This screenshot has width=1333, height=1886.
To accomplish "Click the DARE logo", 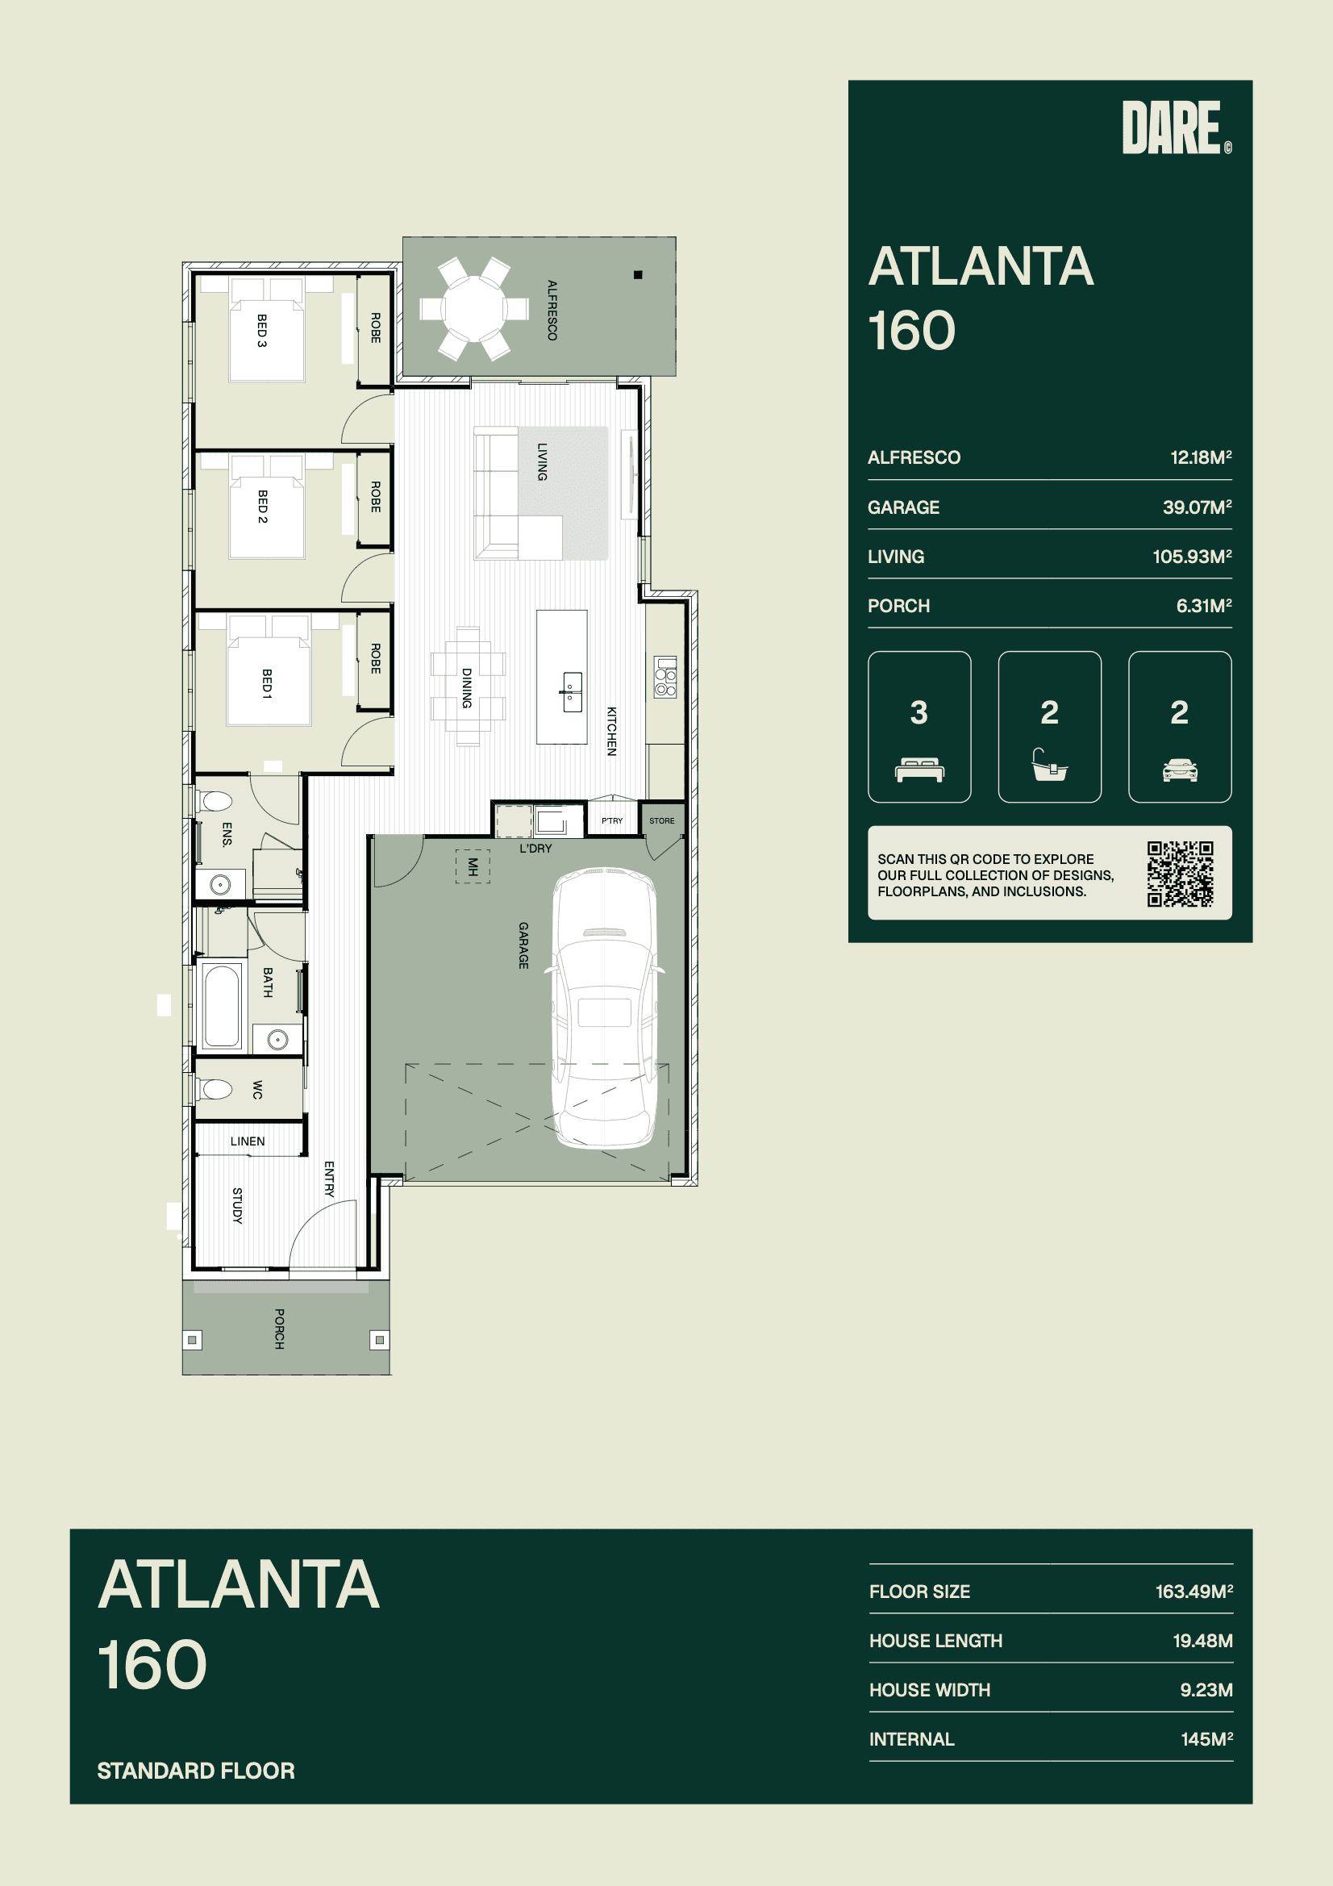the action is coord(1176,127).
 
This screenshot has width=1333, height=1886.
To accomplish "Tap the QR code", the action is coord(1181,873).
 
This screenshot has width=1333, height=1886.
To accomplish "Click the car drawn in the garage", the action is coord(606,1007).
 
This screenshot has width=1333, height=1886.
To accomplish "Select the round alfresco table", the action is coord(474,309).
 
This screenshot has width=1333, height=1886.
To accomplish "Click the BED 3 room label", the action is coord(262,330).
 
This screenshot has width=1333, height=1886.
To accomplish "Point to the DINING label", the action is coord(466,687).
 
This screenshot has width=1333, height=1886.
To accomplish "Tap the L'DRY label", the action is coord(535,849).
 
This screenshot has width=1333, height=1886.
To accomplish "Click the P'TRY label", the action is coord(612,820).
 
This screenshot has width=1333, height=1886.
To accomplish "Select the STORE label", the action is coord(662,820).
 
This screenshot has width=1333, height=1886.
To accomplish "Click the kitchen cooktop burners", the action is coord(665,677).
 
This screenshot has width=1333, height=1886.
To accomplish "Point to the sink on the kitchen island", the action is coord(573,691).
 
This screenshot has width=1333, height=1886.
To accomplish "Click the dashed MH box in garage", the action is coord(473,866).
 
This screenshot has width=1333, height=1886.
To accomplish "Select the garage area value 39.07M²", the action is coord(1197,507).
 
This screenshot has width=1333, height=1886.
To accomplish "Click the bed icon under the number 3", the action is coord(919,770).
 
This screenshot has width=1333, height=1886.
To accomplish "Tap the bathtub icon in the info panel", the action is coord(1050,765).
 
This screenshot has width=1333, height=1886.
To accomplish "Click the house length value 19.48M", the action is coord(1202,1641).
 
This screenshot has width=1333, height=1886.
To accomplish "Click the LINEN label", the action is coord(248,1141).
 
